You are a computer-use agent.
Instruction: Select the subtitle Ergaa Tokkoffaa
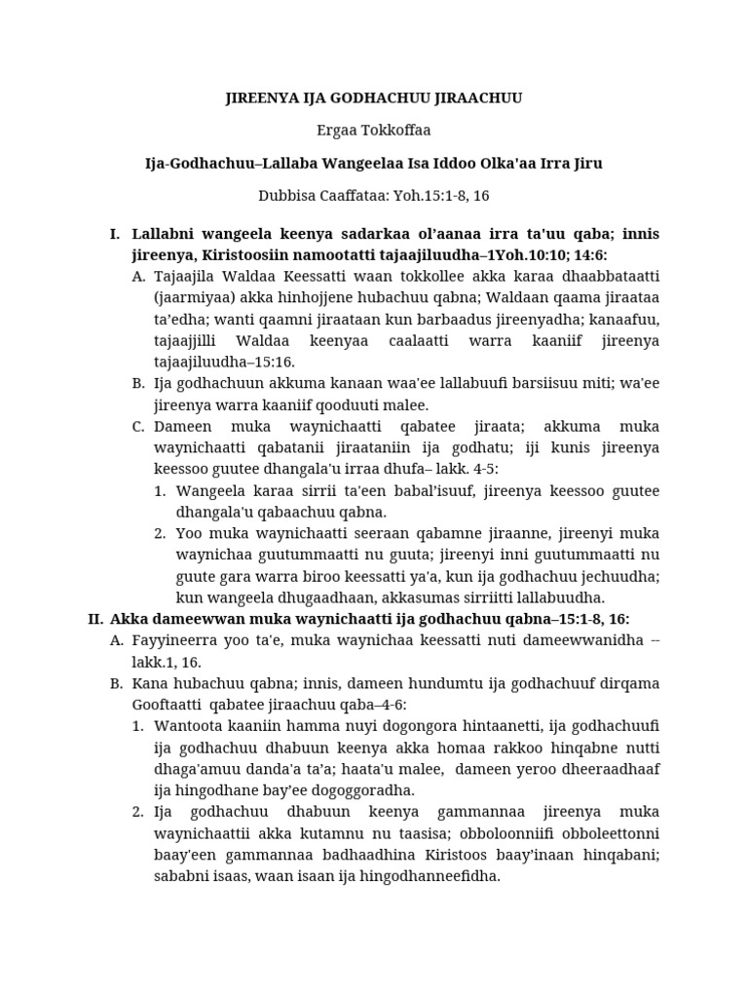(373, 131)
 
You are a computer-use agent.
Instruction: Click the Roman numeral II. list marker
(94, 619)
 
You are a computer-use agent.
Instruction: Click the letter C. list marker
(138, 427)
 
